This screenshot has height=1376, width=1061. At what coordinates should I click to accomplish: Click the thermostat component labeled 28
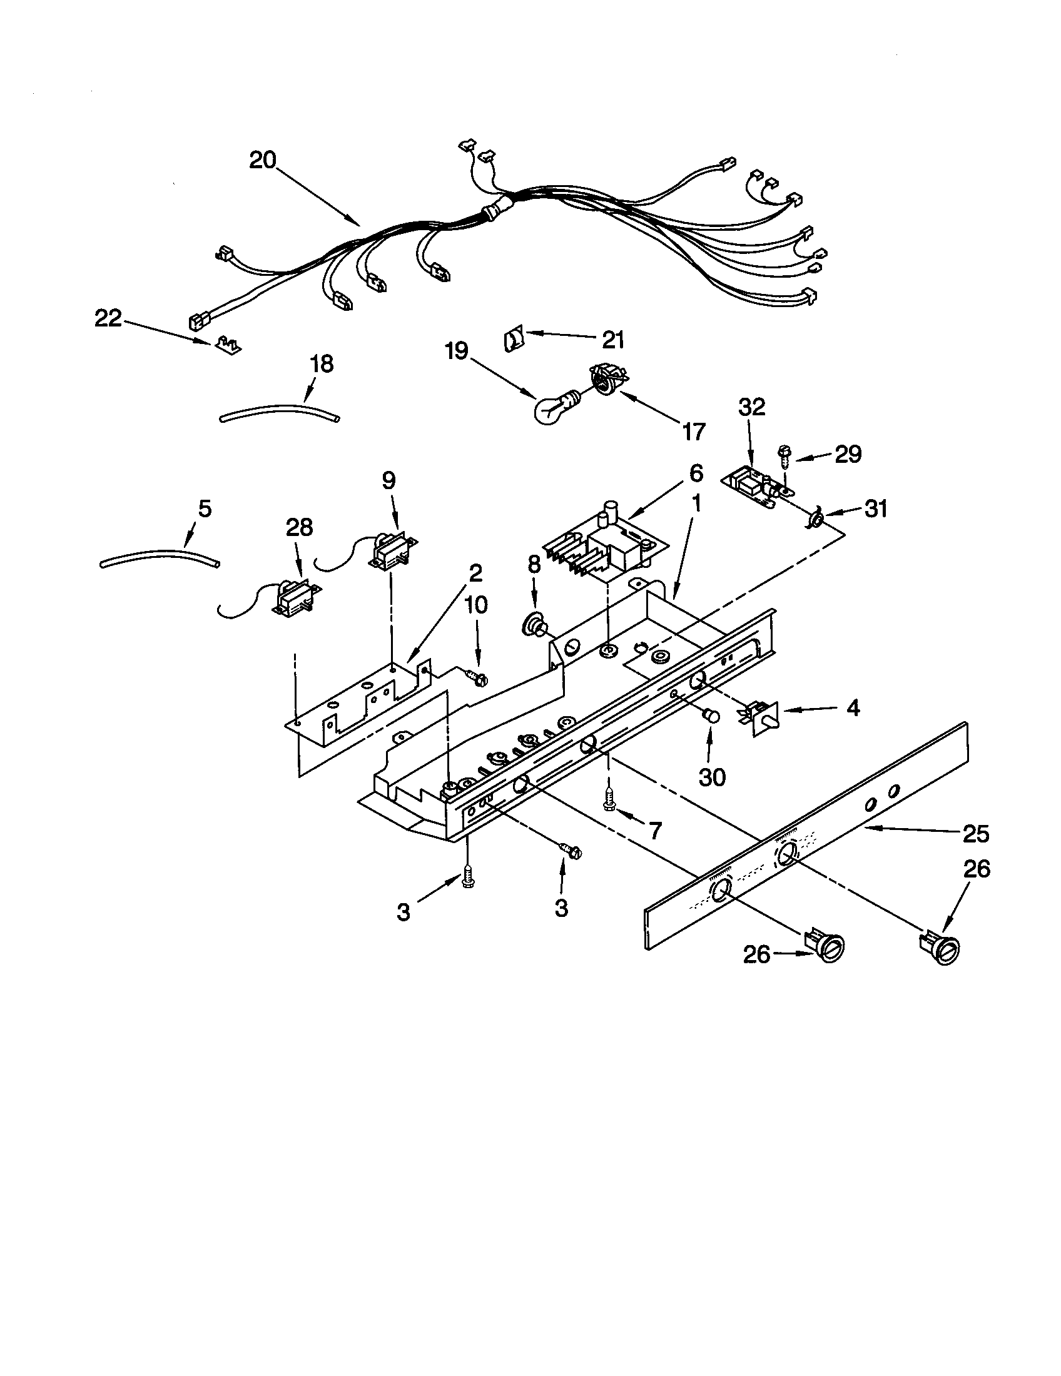point(292,596)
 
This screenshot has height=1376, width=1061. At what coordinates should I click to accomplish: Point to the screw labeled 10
point(477,677)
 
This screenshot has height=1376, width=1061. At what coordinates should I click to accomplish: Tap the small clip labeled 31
point(816,519)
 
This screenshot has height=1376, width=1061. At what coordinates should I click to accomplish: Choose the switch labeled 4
point(761,717)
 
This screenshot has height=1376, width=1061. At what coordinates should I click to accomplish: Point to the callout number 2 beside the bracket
point(474,573)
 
